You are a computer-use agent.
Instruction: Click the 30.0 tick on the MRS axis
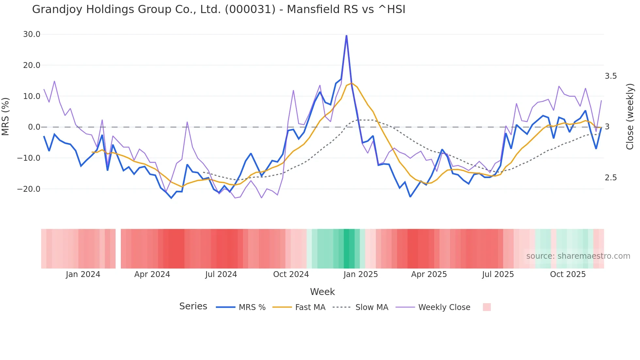coord(31,34)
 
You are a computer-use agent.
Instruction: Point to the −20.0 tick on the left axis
coord(29,189)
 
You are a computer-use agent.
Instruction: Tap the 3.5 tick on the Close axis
coord(611,76)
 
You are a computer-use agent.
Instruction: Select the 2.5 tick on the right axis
coord(611,178)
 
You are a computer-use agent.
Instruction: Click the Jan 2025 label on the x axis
coord(360,274)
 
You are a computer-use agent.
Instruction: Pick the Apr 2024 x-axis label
coord(152,274)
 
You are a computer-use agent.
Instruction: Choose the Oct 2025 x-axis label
coord(568,274)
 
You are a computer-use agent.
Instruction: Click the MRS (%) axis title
coord(6,116)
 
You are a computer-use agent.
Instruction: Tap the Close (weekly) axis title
coord(630,116)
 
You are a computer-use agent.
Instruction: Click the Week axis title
coord(322,292)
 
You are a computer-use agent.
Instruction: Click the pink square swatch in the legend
coord(487,307)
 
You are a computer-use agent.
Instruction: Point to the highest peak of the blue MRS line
coord(346,36)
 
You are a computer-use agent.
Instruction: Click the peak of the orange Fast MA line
coord(352,83)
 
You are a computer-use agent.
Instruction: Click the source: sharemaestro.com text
coord(578,256)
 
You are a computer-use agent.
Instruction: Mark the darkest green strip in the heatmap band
coord(349,249)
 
